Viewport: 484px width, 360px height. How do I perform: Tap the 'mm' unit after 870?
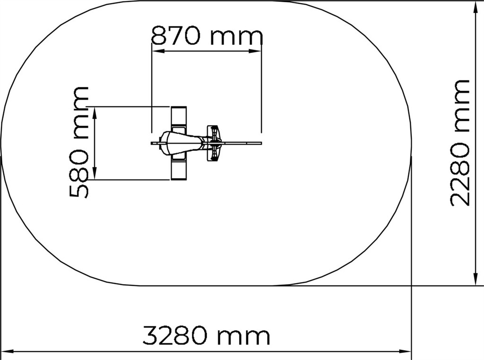(x=237, y=37)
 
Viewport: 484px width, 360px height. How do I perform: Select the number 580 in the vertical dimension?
(x=79, y=174)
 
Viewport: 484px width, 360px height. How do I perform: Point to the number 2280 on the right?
(x=460, y=174)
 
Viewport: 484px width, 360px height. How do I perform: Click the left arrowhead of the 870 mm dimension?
(x=158, y=51)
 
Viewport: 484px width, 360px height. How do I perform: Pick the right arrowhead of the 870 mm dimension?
(x=255, y=51)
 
